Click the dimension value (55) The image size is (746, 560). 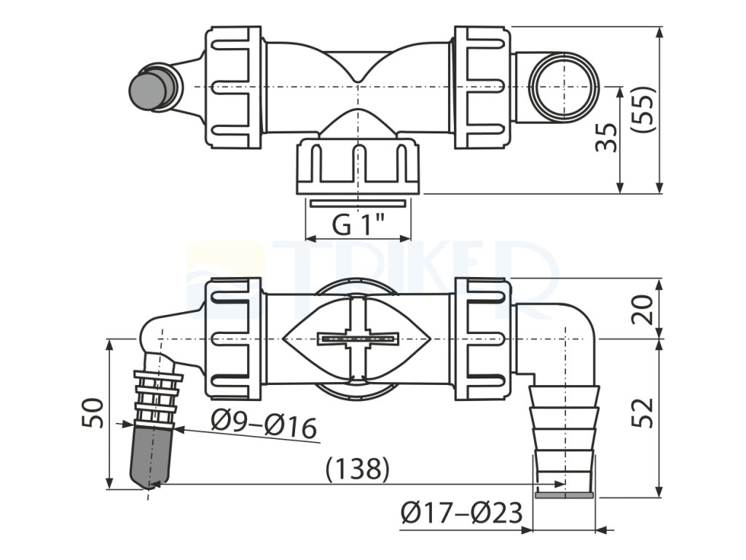pos(644,109)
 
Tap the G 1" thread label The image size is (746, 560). pos(358,225)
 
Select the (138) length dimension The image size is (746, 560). pos(358,469)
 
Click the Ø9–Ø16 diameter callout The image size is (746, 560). pos(264,424)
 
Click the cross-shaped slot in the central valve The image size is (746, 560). pos(358,338)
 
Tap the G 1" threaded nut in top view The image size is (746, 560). pos(358,166)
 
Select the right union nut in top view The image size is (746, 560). pos(483,87)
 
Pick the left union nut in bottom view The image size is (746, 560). pos(235,338)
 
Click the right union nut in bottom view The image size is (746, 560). pos(483,338)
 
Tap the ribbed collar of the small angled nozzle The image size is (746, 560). pos(157,397)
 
